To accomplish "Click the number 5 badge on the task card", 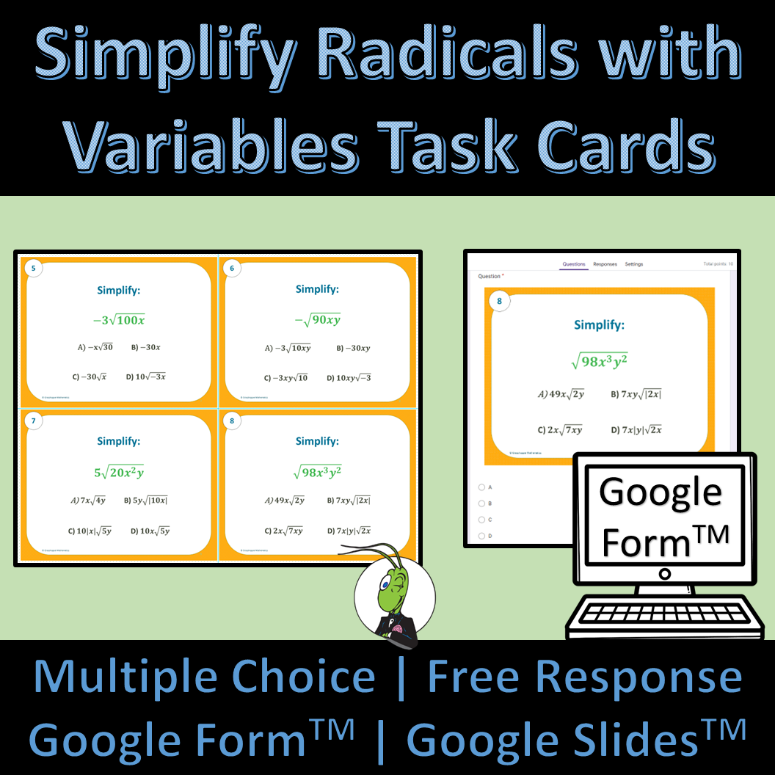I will (x=34, y=269).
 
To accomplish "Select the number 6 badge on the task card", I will (x=232, y=269).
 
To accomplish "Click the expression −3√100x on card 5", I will (x=118, y=319).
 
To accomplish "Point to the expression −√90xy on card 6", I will (x=317, y=319).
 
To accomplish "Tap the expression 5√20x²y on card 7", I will (x=118, y=472).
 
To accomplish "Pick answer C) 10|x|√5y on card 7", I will (x=90, y=531).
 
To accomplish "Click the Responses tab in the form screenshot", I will (x=605, y=264).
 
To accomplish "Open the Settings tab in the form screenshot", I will (x=634, y=264).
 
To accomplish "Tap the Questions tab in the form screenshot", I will (x=574, y=264).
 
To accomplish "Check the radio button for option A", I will (x=481, y=487).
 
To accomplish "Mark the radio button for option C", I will (x=481, y=520).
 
